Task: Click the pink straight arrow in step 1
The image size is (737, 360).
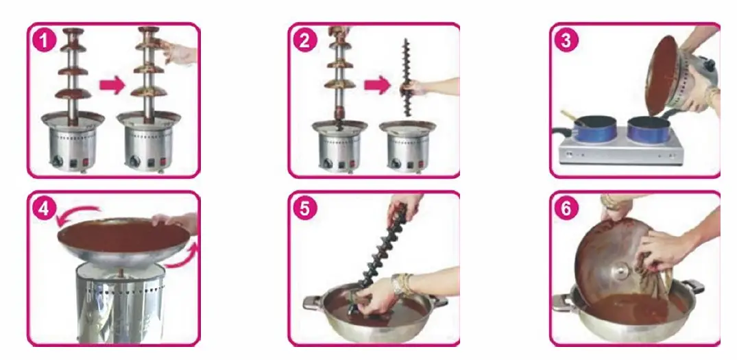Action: click(x=112, y=86)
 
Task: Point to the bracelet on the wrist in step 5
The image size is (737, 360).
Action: click(x=401, y=284)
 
